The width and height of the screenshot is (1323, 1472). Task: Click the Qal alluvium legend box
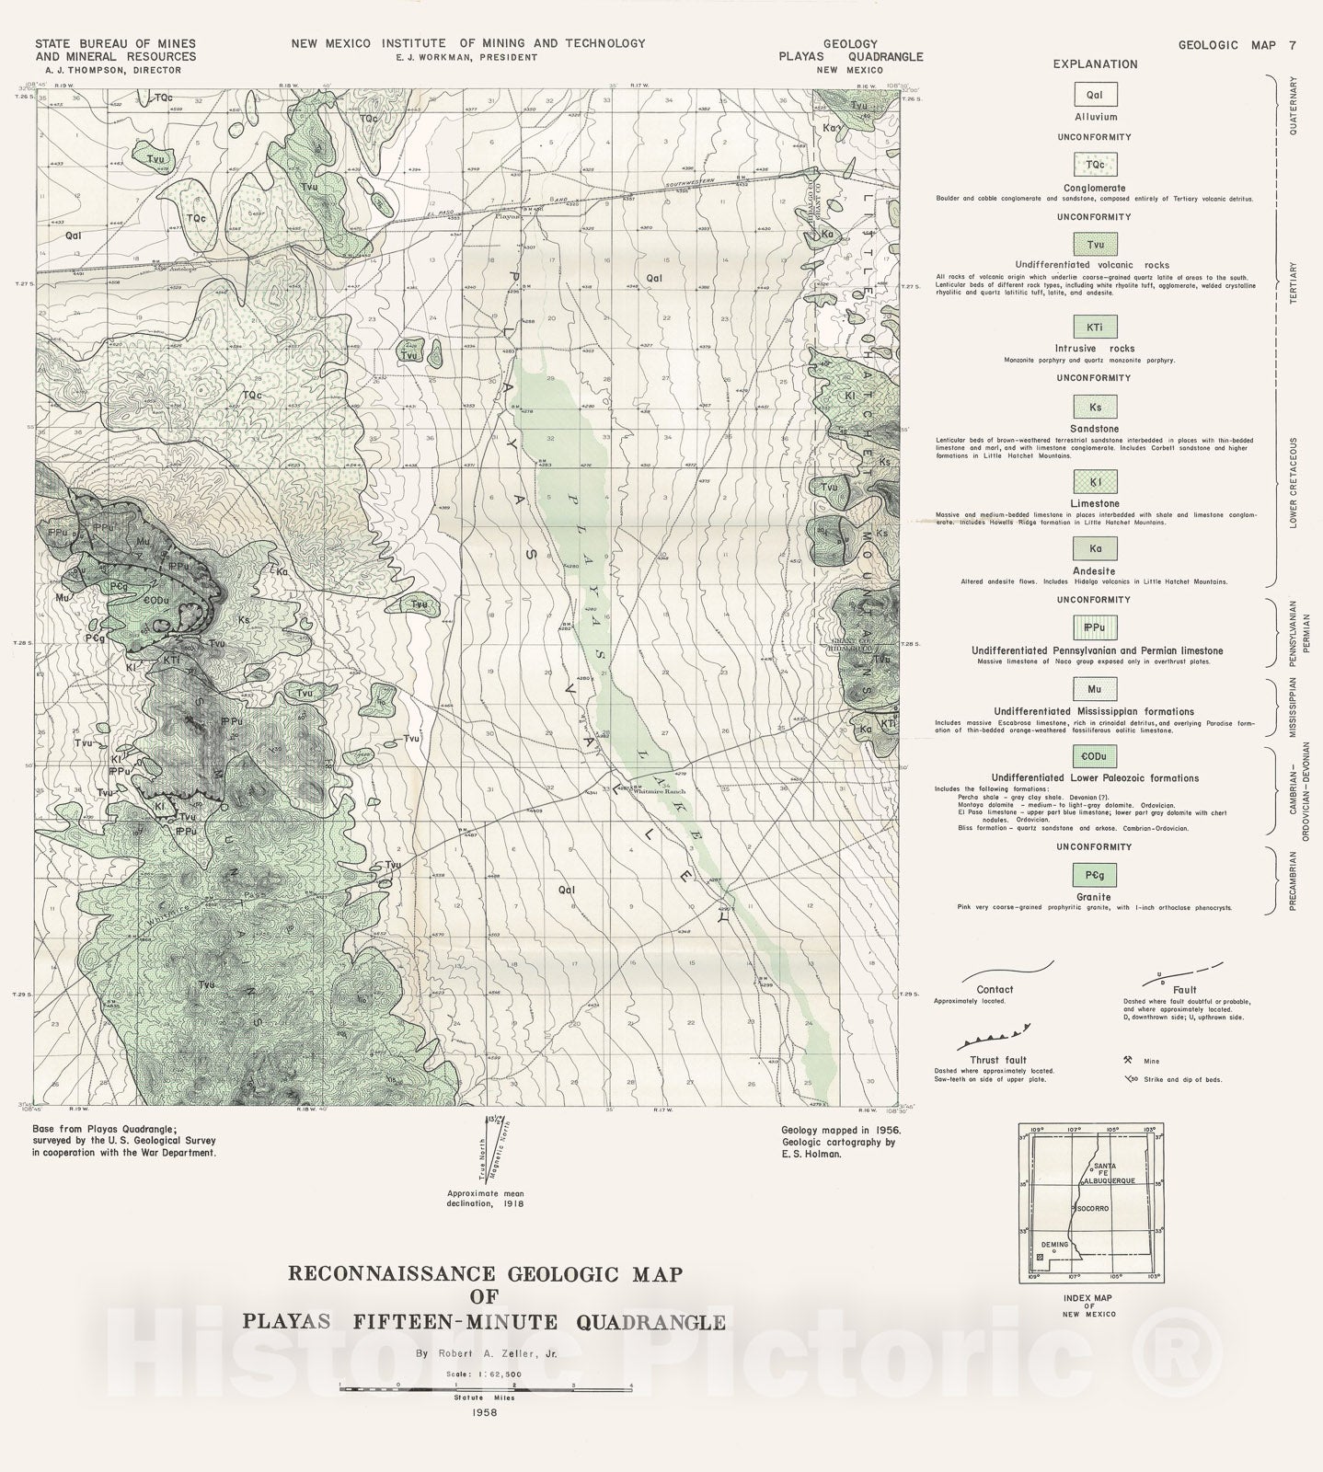point(1095,95)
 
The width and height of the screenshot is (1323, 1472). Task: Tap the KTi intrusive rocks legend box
point(1095,327)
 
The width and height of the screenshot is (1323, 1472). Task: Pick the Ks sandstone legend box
point(1095,407)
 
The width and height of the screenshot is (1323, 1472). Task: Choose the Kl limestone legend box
point(1095,482)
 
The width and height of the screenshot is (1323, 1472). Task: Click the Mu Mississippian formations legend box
point(1095,689)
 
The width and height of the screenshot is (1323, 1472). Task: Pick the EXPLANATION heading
point(1095,64)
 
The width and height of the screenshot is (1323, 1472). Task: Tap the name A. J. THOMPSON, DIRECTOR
point(113,70)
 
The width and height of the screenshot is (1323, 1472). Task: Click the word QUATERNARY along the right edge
point(1293,106)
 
